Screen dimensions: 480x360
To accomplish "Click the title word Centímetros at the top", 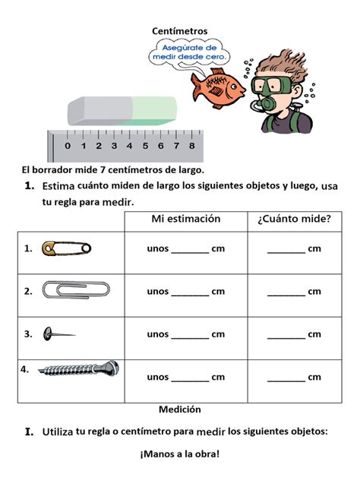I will [x=179, y=30].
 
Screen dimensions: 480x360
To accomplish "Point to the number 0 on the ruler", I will [x=68, y=145].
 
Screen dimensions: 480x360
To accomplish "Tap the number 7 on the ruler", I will [x=176, y=145].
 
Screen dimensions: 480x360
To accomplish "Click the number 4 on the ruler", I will [x=130, y=145].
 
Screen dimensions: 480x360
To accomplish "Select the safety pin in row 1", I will [x=67, y=248].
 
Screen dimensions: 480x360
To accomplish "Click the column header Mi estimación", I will [x=186, y=219].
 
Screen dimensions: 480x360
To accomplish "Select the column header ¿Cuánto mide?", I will [x=294, y=219].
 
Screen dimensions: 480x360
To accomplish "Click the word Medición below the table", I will [x=180, y=409].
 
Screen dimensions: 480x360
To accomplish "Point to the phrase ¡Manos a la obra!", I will [x=179, y=454].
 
